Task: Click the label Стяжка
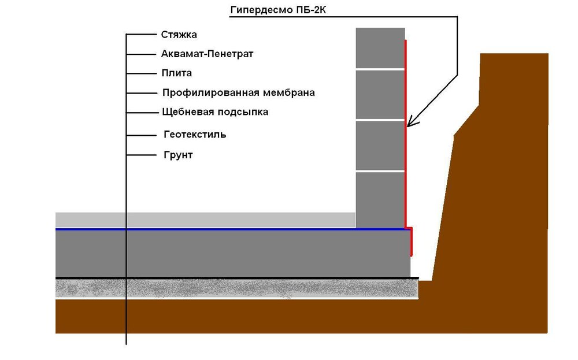coord(179,35)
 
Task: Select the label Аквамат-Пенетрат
coord(207,54)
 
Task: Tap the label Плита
coord(176,73)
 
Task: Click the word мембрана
coord(289,93)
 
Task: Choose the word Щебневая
coord(187,112)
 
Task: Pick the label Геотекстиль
coord(195,135)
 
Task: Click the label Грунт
coord(178,155)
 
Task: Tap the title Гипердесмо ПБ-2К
coord(279,10)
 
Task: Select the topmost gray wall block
coord(380,48)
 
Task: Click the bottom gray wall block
coord(380,200)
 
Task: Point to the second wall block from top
coord(380,95)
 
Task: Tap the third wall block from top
coord(380,146)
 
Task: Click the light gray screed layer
coord(205,220)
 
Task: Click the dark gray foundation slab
coord(233,254)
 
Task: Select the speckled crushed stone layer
coord(237,288)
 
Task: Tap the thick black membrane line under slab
coord(237,278)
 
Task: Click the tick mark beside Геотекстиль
coord(142,135)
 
